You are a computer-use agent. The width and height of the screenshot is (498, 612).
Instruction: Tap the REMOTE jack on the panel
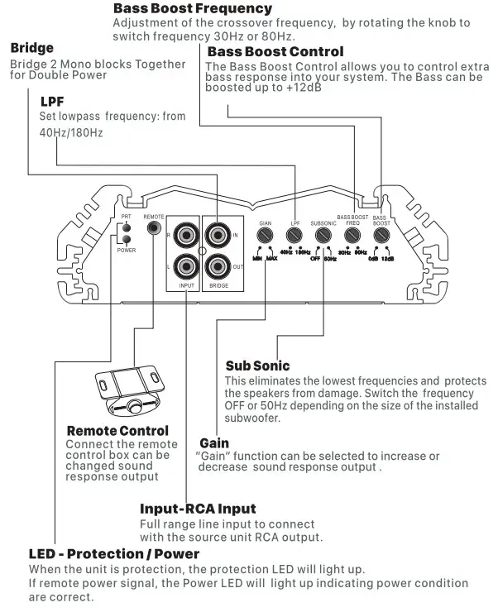point(153,229)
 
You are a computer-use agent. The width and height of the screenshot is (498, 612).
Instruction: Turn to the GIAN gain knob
point(266,236)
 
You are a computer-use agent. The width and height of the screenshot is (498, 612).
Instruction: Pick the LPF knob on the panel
point(294,236)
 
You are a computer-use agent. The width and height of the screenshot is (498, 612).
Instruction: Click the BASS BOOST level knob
point(381,236)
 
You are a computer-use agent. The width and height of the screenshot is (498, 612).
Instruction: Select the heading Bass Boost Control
point(275,52)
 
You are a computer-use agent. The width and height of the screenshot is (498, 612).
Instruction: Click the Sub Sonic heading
point(257,365)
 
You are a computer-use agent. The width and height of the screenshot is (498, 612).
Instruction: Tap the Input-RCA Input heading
point(198,509)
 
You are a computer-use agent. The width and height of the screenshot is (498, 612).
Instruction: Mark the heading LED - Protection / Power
point(113,553)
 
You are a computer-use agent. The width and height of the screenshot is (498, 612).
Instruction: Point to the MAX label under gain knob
point(272,258)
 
